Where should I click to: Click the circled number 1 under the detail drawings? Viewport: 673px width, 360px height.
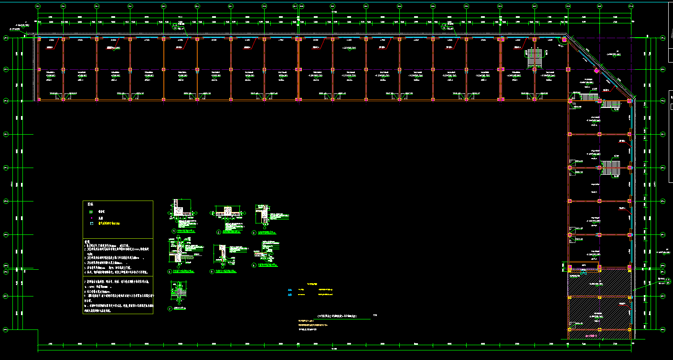[174, 232]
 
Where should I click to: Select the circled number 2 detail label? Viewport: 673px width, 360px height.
[218, 233]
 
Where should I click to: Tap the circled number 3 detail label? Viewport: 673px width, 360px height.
[254, 233]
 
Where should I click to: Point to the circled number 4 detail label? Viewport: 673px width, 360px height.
[170, 272]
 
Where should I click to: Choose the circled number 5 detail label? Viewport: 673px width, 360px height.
[212, 272]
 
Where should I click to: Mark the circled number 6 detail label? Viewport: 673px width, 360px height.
[254, 265]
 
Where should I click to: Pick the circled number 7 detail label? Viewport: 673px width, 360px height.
[170, 308]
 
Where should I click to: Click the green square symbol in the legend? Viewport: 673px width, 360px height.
[91, 211]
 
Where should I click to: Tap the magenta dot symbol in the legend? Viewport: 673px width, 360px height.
[91, 217]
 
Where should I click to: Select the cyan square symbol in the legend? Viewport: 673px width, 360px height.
[91, 223]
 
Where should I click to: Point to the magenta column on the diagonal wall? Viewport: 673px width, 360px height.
[596, 71]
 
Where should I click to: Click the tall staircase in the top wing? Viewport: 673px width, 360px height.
[534, 58]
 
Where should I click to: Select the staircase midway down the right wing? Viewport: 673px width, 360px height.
[610, 168]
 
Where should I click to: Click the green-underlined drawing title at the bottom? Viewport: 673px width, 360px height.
[343, 316]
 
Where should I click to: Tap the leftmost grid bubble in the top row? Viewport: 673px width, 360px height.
[38, 6]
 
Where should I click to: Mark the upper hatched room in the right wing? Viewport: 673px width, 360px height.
[599, 283]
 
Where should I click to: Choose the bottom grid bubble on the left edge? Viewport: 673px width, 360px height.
[6, 329]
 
